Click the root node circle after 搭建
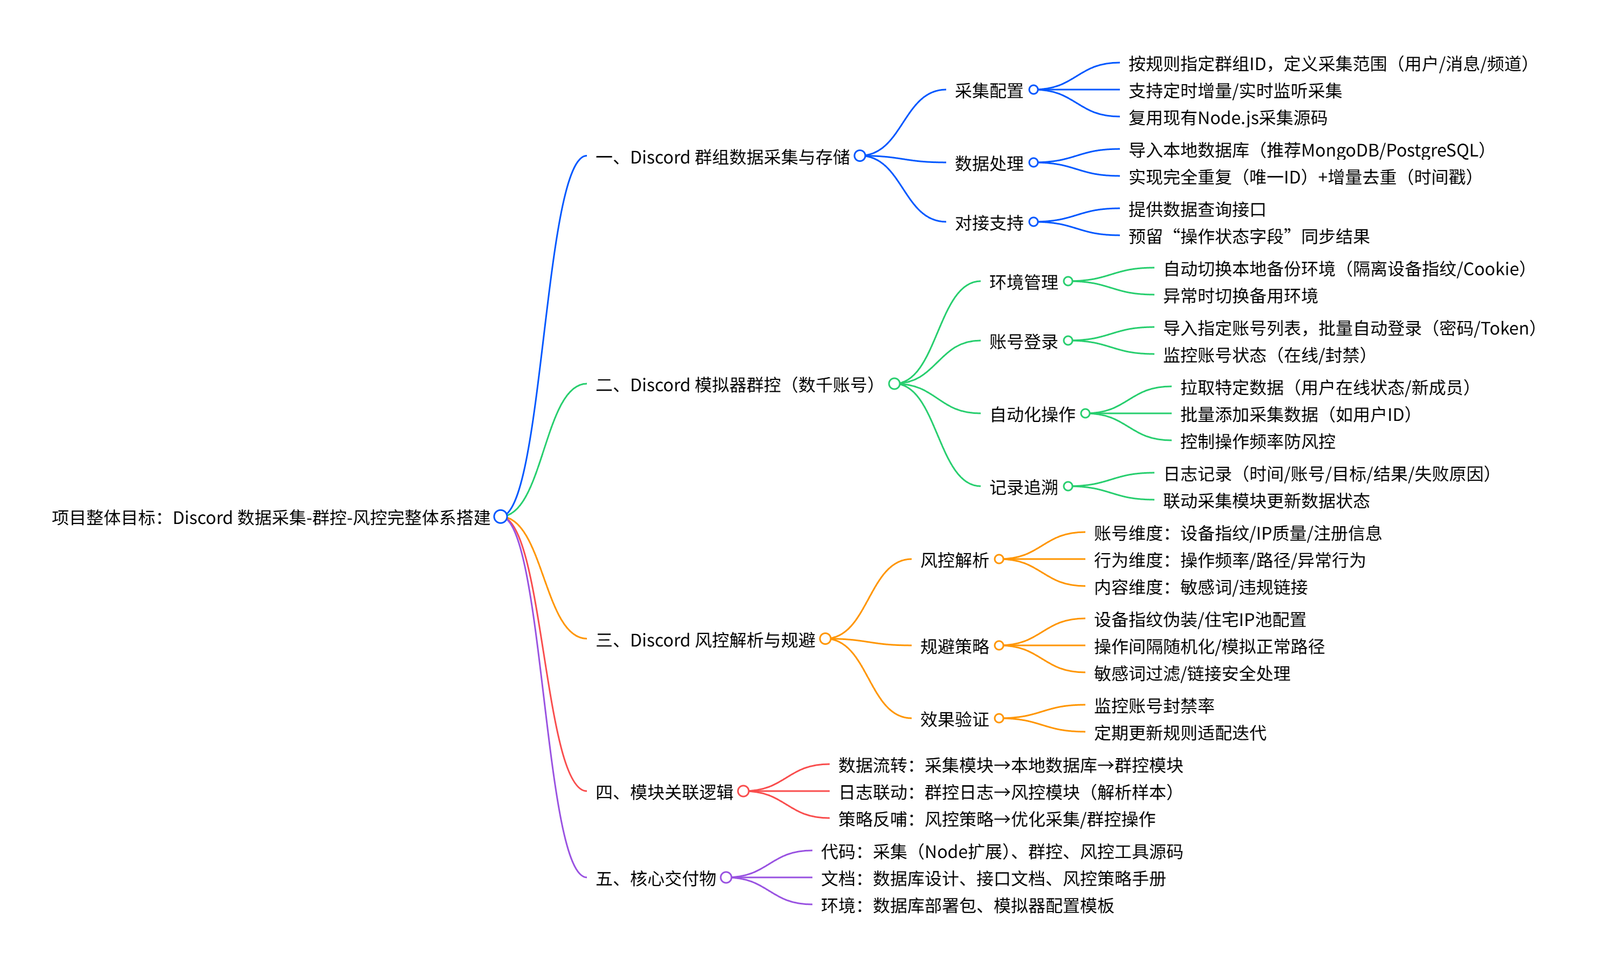(x=500, y=517)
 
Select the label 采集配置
(x=988, y=91)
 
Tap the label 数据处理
(x=988, y=163)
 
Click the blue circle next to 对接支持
(x=1033, y=222)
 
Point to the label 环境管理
(x=1023, y=282)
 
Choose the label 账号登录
(x=1023, y=342)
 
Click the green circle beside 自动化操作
(x=1085, y=414)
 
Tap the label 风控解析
(x=954, y=560)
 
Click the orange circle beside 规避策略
(x=999, y=645)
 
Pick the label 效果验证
(x=954, y=719)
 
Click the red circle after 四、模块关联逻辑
(x=743, y=791)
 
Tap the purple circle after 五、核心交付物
(x=726, y=878)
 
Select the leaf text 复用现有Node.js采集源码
(x=1227, y=118)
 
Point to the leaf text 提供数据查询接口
(x=1196, y=209)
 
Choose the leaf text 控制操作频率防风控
(x=1257, y=441)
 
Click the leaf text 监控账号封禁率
(x=1153, y=706)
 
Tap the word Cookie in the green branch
(x=1488, y=269)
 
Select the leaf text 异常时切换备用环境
(x=1240, y=296)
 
